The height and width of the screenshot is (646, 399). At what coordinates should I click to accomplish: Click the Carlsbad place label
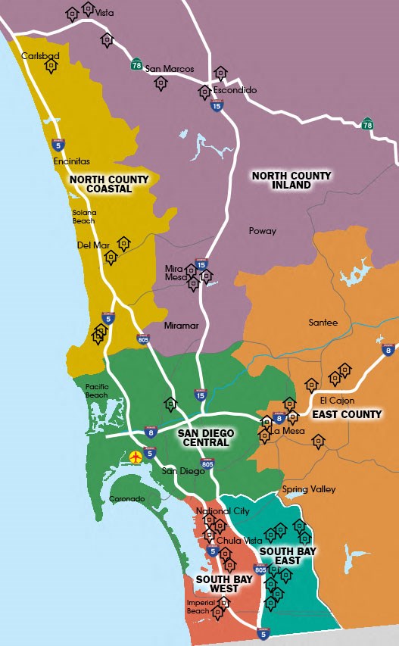pos(39,56)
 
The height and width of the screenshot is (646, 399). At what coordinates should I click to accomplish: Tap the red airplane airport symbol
pos(136,457)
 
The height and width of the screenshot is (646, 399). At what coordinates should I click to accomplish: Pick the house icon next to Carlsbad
pos(51,67)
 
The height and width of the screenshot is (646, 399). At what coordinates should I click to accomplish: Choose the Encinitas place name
pos(72,161)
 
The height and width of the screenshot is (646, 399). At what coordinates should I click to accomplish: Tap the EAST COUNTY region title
pos(347,414)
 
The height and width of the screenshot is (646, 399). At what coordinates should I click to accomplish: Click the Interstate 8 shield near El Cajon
pos(389,349)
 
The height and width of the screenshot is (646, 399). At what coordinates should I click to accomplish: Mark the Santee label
pos(323,323)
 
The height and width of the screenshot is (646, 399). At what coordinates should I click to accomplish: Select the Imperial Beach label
pos(200,607)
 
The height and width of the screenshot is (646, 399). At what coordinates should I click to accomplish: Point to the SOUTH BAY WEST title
pos(218,584)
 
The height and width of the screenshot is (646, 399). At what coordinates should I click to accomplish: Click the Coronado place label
pos(126,499)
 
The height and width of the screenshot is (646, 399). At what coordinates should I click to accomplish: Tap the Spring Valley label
pos(308,489)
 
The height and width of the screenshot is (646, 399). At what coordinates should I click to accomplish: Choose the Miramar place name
pos(181,326)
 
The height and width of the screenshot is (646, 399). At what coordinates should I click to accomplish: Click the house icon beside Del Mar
pos(123,244)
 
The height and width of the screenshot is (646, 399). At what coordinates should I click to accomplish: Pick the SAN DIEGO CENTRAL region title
pos(206,438)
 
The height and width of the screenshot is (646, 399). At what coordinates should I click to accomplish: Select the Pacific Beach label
pos(97,390)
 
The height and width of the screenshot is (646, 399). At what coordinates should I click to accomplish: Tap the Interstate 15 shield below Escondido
pos(217,108)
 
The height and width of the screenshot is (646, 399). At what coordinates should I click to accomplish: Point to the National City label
pos(223,511)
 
